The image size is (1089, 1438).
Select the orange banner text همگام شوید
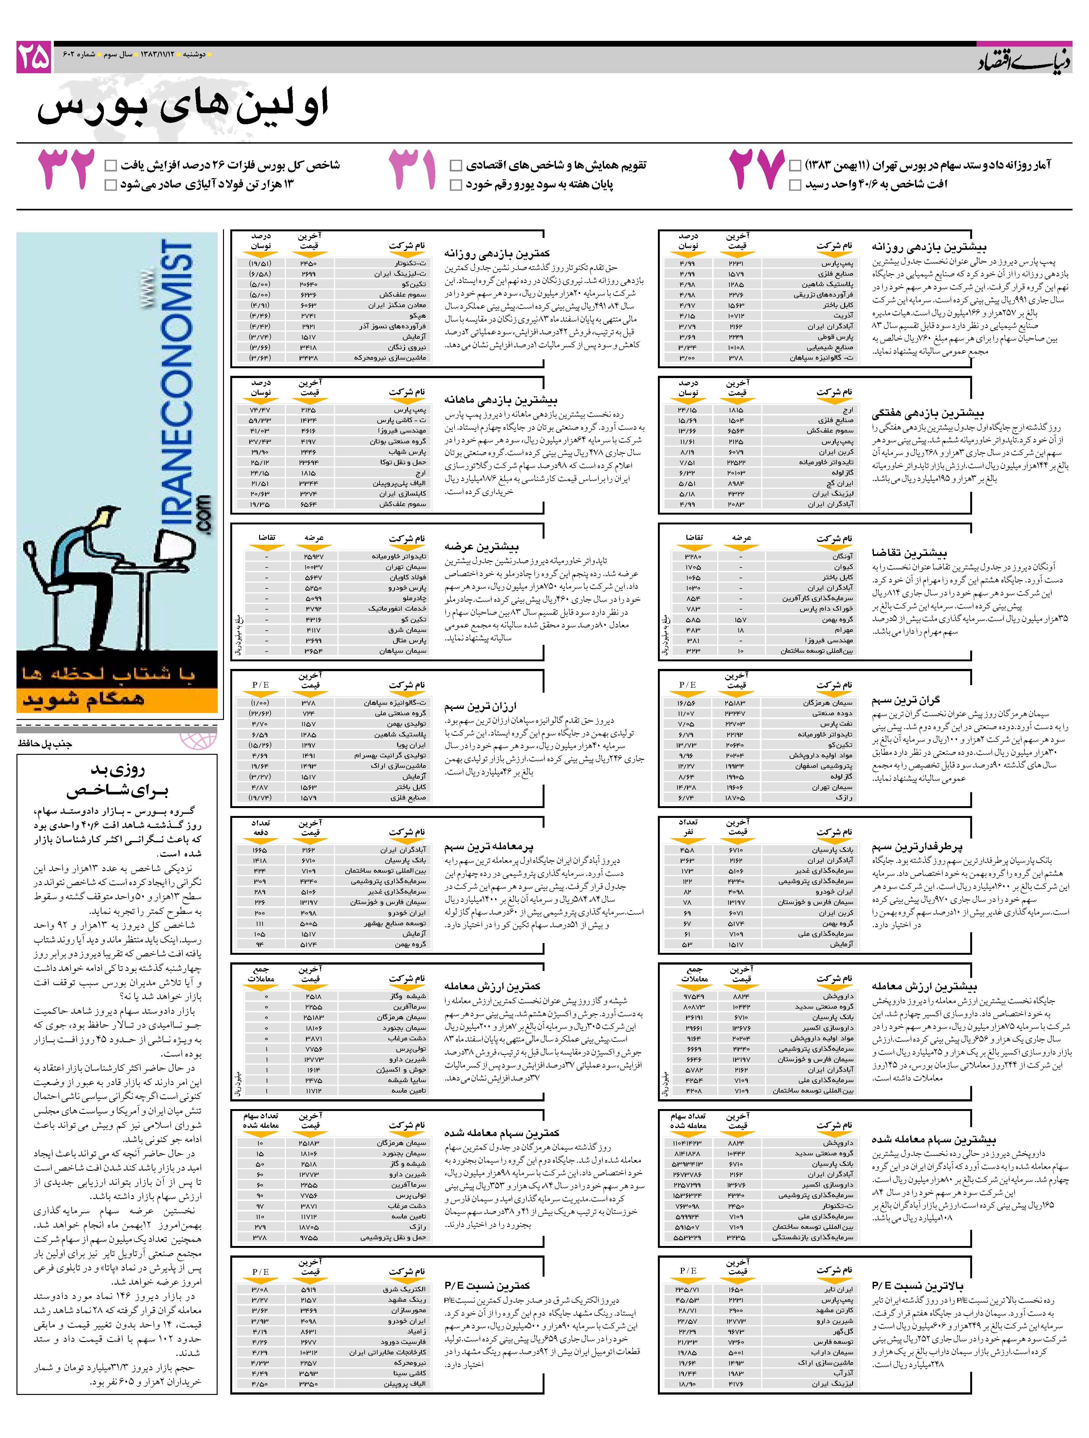pyautogui.click(x=85, y=700)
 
